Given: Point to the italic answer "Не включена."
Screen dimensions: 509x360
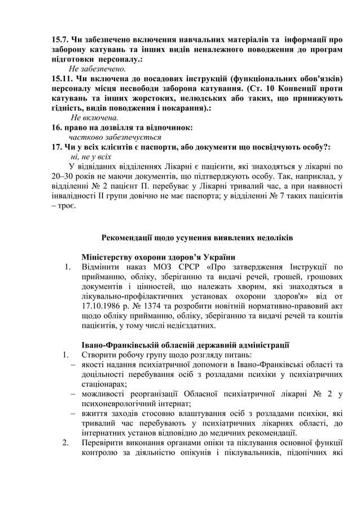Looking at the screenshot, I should pos(94,118).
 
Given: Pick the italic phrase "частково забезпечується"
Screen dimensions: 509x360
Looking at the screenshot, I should pos(115,137).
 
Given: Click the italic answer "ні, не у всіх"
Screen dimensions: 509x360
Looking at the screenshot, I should pos(91,157).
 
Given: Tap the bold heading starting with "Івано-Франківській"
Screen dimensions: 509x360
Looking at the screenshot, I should pos(186,344).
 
